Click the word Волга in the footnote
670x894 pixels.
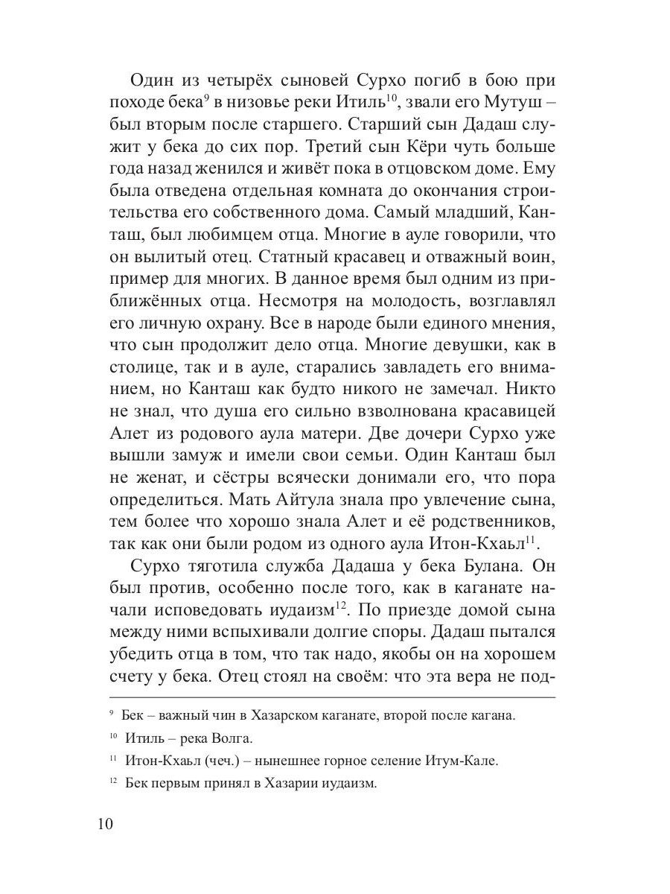tap(234, 738)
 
